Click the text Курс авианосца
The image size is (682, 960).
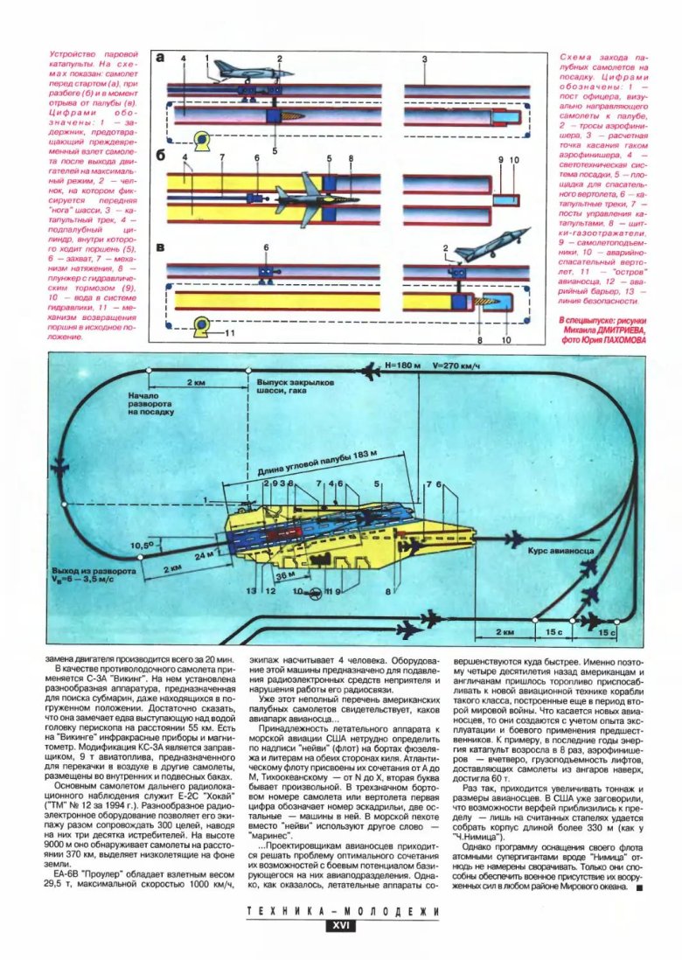click(x=561, y=553)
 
